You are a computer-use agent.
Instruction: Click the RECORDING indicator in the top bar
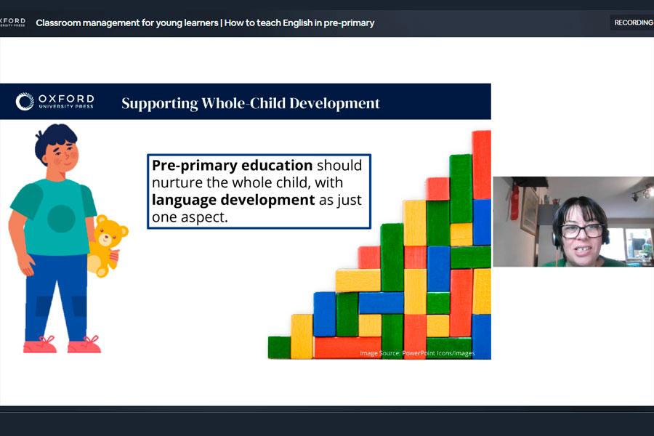pyautogui.click(x=633, y=23)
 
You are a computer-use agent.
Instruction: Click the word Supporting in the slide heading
pyautogui.click(x=160, y=104)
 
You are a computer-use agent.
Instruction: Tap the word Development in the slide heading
pyautogui.click(x=334, y=103)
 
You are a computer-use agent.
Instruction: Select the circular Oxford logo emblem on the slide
pyautogui.click(x=25, y=102)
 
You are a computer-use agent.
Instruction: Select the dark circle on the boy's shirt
pyautogui.click(x=61, y=219)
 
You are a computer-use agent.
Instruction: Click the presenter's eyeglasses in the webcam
pyautogui.click(x=582, y=230)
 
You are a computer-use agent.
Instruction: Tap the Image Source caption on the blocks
pyautogui.click(x=417, y=353)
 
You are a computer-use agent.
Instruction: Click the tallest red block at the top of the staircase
pyautogui.click(x=481, y=165)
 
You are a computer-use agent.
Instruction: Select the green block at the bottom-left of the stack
pyautogui.click(x=279, y=347)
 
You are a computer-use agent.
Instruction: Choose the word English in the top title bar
pyautogui.click(x=297, y=23)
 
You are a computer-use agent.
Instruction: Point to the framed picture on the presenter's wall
pyautogui.click(x=529, y=211)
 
